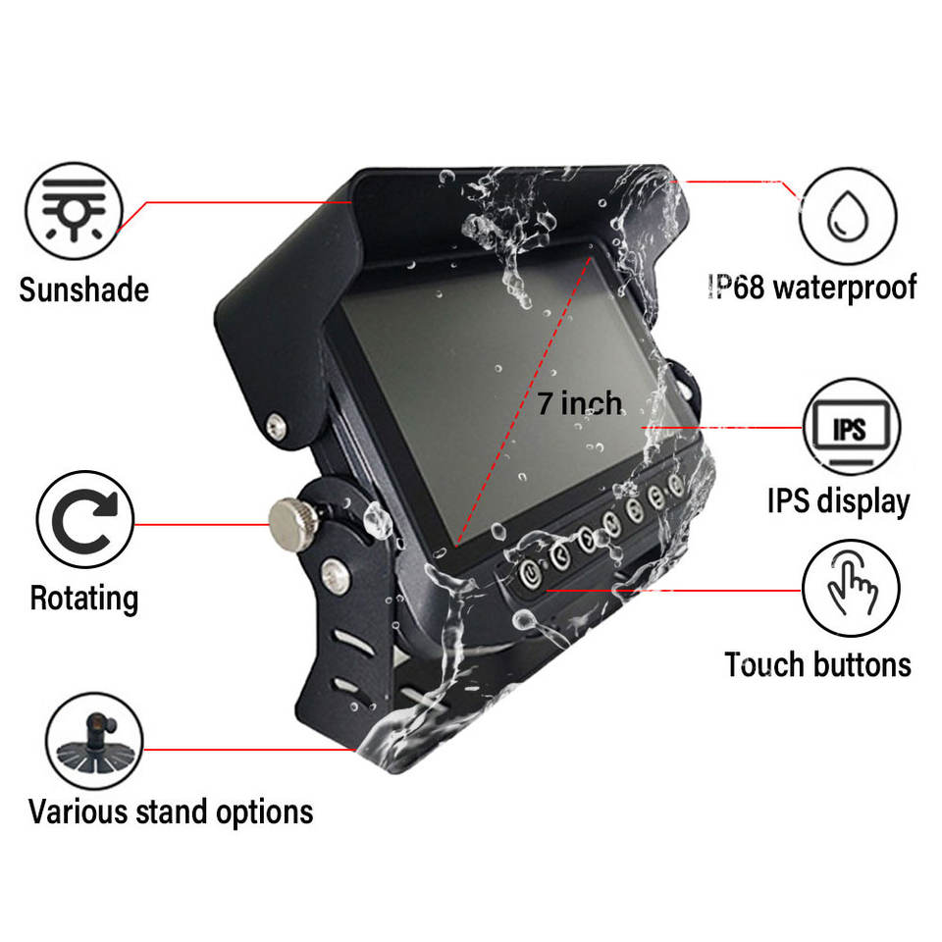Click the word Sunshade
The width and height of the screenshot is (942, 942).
pos(83,289)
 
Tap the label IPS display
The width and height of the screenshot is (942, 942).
pos(838,500)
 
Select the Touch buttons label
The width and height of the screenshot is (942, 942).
pos(817,664)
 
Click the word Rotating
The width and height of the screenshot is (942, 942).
pos(83,598)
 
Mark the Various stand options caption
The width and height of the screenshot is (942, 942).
pos(171,811)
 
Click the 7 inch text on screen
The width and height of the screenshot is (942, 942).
pos(579,403)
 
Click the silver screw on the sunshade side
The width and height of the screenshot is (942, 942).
pos(278,426)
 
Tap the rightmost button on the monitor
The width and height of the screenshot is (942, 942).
pos(675,484)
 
